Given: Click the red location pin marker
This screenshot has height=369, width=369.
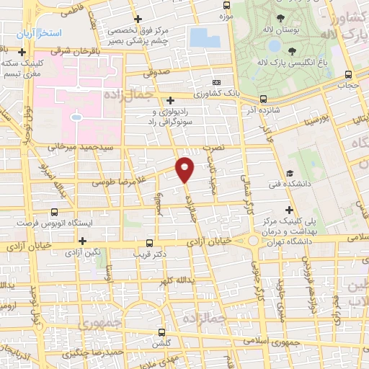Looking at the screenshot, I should [x=186, y=169].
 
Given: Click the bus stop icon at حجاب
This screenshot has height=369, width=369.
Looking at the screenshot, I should [x=349, y=74].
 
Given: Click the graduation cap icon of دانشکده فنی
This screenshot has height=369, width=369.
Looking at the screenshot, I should [x=289, y=173].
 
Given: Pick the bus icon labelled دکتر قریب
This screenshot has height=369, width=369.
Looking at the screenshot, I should [x=149, y=243].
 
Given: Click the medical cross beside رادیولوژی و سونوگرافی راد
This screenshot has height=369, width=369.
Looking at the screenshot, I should [x=170, y=101].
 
